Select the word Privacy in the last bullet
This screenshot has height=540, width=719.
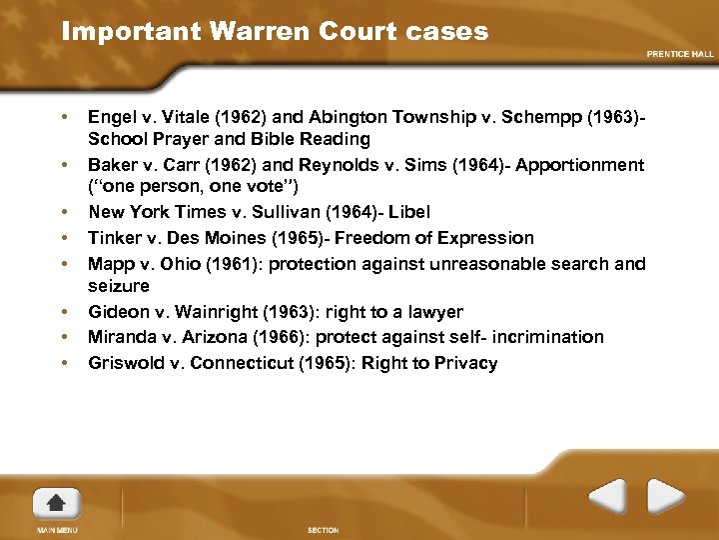coord(466,363)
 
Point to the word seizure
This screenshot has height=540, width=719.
coord(119,286)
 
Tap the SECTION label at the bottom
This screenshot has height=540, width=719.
coord(323,530)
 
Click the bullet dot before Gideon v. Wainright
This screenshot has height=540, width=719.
coord(64,312)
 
